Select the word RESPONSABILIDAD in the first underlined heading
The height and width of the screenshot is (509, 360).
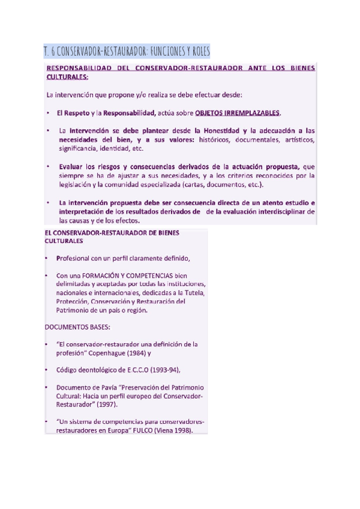click(x=84, y=68)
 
